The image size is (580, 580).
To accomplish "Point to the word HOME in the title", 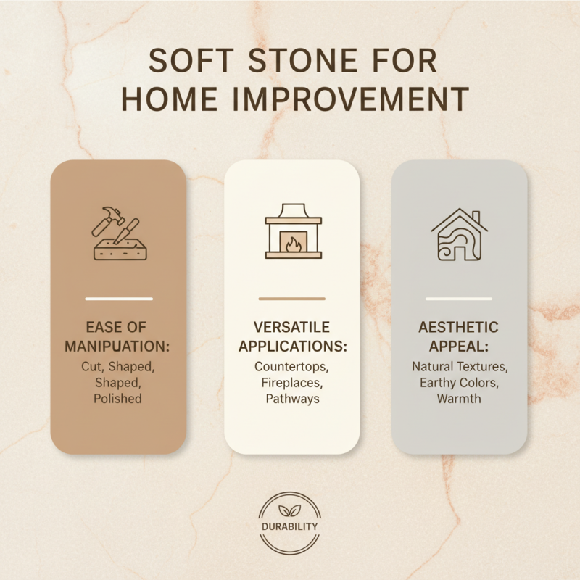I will pos(167,99).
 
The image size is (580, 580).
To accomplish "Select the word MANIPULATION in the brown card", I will pos(118,347).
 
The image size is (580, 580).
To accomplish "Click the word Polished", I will pos(118,399).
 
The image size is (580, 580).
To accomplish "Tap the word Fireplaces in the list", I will pos(291,383).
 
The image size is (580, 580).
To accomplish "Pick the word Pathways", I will pos(291,399).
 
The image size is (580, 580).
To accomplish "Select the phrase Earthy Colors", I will pos(459,383).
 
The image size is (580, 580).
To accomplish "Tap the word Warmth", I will pos(459,399).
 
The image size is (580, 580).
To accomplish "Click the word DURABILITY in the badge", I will pos(290,526).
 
